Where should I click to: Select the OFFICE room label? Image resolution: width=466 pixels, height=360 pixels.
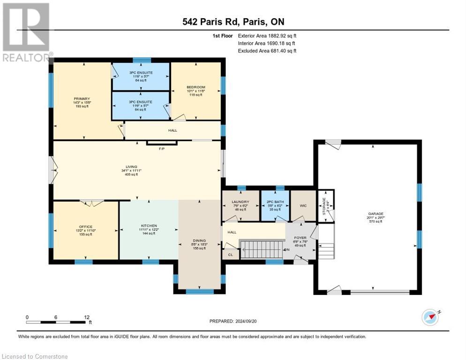[x=85, y=227]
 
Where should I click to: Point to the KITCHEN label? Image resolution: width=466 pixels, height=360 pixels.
[x=149, y=225]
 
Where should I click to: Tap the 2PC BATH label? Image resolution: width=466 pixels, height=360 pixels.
[x=274, y=202]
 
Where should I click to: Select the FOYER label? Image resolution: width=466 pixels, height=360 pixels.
[x=300, y=238]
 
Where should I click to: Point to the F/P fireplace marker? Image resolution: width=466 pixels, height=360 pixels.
[x=162, y=149]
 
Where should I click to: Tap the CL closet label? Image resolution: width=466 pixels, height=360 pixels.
[x=230, y=255]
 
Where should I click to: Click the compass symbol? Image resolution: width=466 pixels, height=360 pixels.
[x=430, y=317]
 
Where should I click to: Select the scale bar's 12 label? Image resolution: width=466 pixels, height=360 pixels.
[x=87, y=317]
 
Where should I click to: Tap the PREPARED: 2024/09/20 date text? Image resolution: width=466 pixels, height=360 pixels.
[x=233, y=321]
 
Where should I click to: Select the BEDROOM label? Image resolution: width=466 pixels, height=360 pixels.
[x=195, y=87]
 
